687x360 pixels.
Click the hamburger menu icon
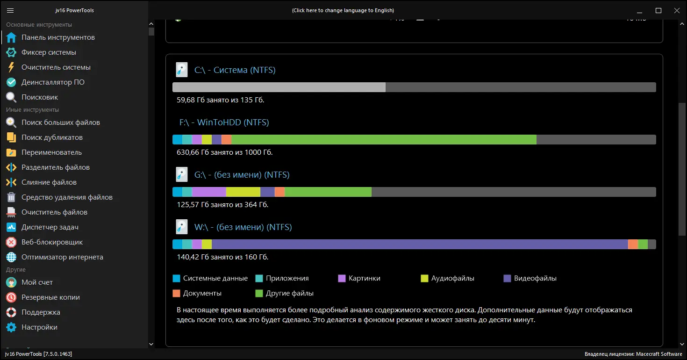[10, 10]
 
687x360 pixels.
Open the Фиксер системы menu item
[49, 52]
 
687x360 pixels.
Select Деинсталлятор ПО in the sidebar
[53, 82]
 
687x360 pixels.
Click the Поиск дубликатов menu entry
[52, 137]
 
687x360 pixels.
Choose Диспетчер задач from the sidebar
[50, 227]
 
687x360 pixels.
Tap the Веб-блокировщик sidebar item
[52, 242]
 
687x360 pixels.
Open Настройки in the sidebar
[39, 327]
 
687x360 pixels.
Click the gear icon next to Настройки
[11, 327]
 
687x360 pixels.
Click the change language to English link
[343, 10]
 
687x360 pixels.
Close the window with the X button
[676, 10]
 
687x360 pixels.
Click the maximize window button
[658, 10]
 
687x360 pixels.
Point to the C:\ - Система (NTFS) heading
[235, 70]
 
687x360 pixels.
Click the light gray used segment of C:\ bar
[279, 87]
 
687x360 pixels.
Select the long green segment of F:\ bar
[383, 140]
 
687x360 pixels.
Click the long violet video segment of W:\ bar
[420, 245]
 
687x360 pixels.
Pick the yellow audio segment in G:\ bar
[243, 192]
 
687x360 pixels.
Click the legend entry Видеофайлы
[535, 278]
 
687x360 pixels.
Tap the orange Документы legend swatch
[176, 293]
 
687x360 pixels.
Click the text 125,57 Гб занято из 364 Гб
[222, 205]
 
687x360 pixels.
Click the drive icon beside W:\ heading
[181, 227]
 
